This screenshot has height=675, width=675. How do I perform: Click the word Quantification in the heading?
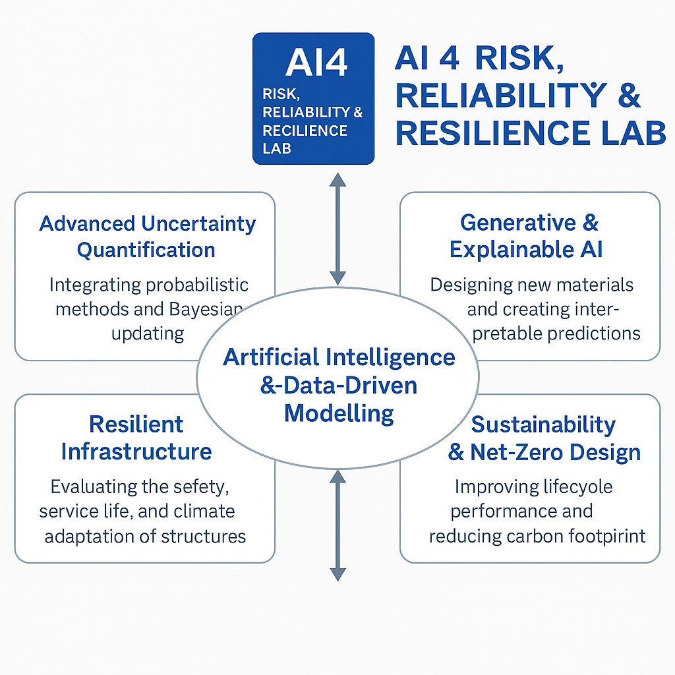[x=146, y=250]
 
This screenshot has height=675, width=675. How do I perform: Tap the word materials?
[x=596, y=285]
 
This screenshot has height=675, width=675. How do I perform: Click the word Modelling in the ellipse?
[x=339, y=413]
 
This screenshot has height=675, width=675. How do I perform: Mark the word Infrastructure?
[x=136, y=452]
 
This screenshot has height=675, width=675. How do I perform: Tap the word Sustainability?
[x=543, y=425]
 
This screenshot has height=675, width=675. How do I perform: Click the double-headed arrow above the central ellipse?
[x=337, y=228]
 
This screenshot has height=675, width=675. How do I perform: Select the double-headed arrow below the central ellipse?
[x=337, y=524]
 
